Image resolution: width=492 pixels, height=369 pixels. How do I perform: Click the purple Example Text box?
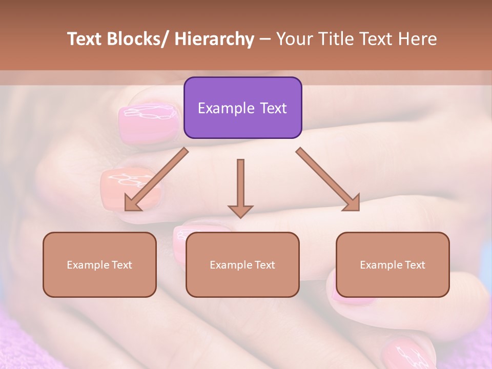coord(242,108)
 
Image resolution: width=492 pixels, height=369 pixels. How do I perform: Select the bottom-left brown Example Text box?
coord(99,264)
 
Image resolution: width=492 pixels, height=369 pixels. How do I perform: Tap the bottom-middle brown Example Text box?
coord(242,264)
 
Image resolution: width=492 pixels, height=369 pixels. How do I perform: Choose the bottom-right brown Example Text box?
coord(393,264)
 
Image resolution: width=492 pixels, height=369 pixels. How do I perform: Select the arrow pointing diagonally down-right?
coord(328,179)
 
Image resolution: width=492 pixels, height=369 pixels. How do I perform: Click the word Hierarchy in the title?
coord(214,39)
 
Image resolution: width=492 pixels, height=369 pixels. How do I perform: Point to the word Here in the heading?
coord(418,39)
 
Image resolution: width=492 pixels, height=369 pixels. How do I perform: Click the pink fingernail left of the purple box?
coord(149,121)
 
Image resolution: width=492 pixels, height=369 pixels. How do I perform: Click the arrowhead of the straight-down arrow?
coord(240,211)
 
